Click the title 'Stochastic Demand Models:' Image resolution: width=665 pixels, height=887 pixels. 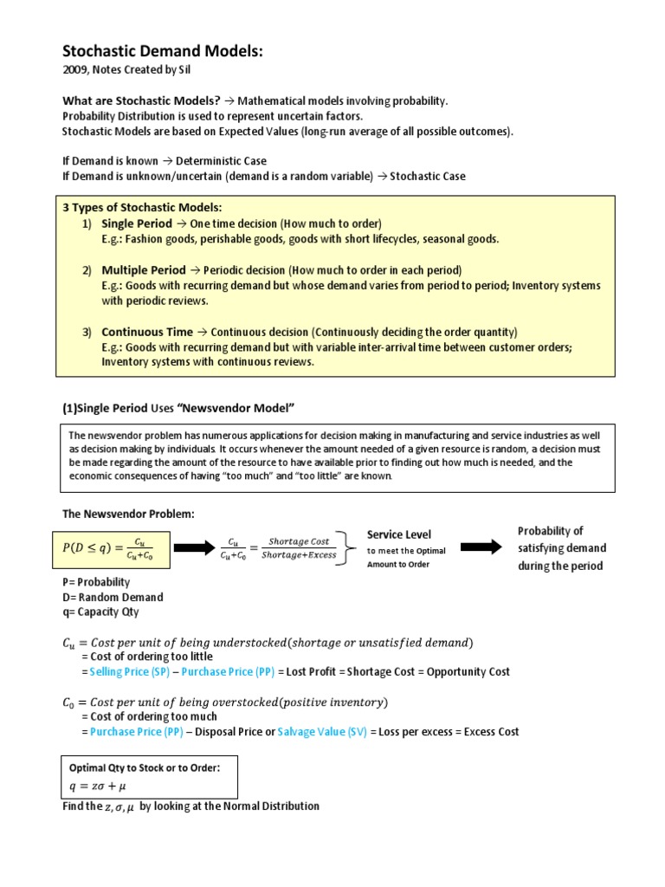click(x=162, y=53)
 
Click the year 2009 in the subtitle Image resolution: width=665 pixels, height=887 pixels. click(x=75, y=72)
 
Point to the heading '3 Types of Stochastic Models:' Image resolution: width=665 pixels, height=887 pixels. click(x=141, y=208)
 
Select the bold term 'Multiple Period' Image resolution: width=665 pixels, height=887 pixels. click(x=144, y=270)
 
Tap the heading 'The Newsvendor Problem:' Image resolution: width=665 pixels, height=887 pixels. click(x=128, y=515)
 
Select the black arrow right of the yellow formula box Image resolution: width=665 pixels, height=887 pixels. click(x=197, y=547)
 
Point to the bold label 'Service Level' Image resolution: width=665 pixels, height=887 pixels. click(x=399, y=534)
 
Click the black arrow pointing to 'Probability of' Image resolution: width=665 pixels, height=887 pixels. click(x=481, y=547)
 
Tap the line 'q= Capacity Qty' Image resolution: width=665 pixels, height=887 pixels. click(x=101, y=612)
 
